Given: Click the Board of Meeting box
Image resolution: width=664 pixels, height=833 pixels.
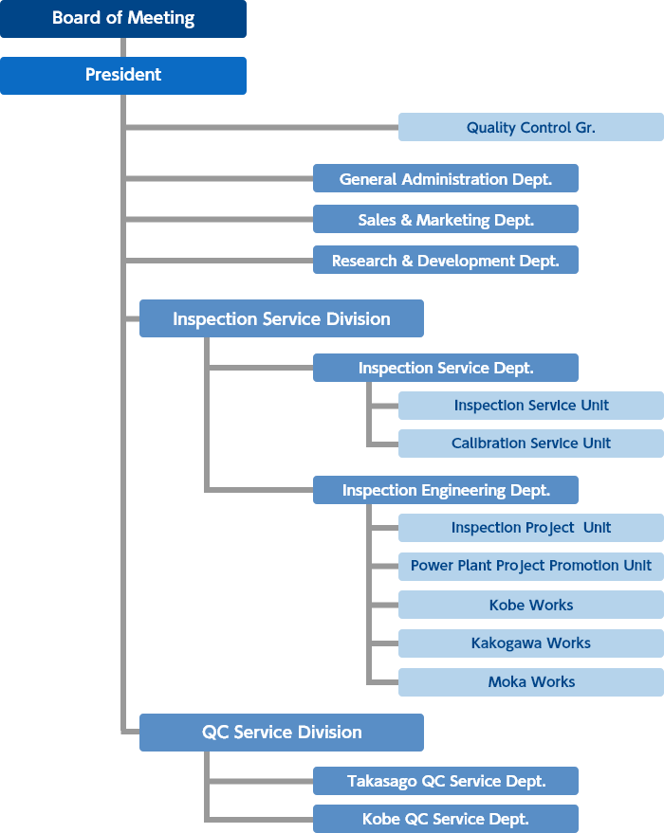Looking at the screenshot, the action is click(123, 19).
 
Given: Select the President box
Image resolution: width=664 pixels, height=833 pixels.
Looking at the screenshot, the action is click(123, 76).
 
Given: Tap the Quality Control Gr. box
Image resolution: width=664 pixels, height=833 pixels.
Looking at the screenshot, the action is click(531, 127).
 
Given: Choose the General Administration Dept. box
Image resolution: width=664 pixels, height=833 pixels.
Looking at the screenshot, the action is click(446, 178).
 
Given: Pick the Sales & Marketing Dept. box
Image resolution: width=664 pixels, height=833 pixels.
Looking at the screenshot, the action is click(446, 219).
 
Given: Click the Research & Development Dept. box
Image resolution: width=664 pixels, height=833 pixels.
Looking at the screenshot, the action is click(446, 260).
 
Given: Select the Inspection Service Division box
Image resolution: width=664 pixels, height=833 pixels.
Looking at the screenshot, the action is click(282, 318).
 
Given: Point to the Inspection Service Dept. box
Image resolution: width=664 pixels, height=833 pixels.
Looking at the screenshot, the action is click(446, 368).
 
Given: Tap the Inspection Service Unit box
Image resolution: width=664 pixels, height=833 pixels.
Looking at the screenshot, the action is click(531, 406).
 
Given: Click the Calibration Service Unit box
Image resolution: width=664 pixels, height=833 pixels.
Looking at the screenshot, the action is click(531, 444).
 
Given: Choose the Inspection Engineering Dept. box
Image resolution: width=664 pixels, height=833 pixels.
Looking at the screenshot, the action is click(446, 490).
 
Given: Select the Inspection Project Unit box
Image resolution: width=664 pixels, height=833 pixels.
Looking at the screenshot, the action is click(531, 528).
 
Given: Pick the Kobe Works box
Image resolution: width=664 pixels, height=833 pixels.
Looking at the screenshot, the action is click(531, 605).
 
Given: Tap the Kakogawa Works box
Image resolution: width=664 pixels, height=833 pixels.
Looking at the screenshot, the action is click(531, 643).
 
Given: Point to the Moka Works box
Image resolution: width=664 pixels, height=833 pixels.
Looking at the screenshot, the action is click(531, 682).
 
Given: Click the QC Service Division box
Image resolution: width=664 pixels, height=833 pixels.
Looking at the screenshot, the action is click(282, 732).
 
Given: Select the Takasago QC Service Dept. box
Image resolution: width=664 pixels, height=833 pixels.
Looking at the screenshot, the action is click(446, 781).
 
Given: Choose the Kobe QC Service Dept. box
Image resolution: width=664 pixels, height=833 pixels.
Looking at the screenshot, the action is click(446, 819).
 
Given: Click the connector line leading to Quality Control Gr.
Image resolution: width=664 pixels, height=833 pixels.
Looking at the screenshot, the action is click(262, 128).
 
